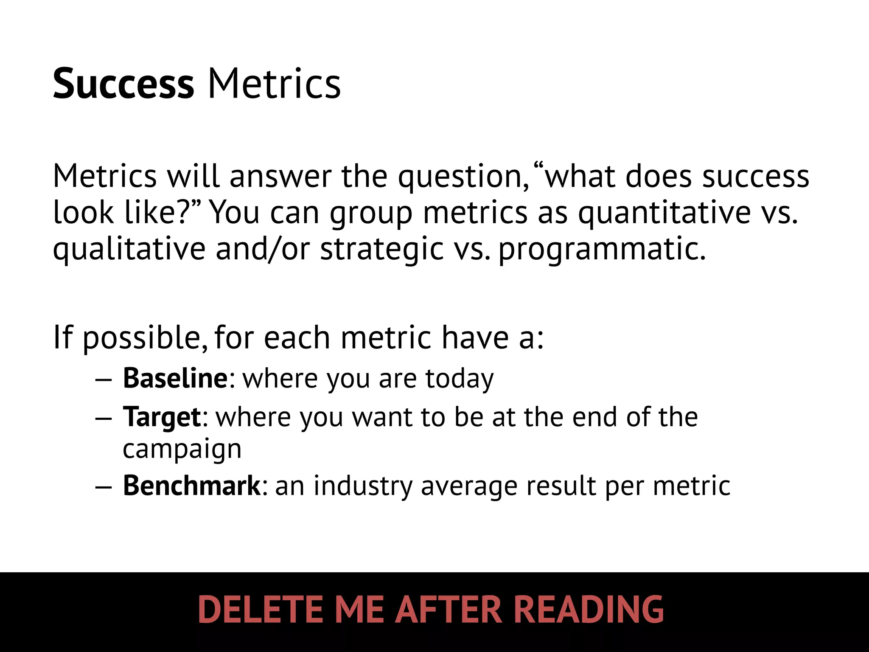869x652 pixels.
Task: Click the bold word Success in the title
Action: coord(123,84)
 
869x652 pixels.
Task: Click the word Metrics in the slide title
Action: coord(274,84)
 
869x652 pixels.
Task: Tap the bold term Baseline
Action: coord(175,378)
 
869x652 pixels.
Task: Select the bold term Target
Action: coord(162,417)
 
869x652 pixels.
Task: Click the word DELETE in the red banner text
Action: coord(261,609)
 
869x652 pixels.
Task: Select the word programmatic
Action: coord(602,249)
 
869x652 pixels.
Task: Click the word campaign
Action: coord(182,450)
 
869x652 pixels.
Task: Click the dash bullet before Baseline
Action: coord(103,379)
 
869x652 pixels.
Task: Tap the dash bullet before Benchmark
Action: coord(103,486)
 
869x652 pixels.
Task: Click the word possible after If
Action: coord(141,338)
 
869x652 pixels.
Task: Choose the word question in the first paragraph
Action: coord(463,177)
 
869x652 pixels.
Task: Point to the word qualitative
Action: coord(129,249)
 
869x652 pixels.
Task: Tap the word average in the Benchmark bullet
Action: coord(469,486)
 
